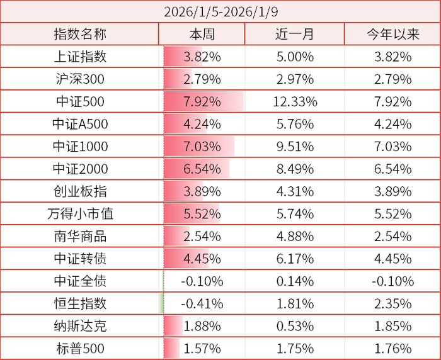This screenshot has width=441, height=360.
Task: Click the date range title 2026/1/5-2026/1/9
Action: click(x=220, y=11)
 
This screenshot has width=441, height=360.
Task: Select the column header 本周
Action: click(x=202, y=35)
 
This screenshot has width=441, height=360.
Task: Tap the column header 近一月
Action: click(x=294, y=35)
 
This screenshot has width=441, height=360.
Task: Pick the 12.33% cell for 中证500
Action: click(x=295, y=102)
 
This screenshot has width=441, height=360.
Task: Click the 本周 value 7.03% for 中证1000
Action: click(x=202, y=147)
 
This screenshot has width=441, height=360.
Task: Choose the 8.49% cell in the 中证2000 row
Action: click(x=294, y=169)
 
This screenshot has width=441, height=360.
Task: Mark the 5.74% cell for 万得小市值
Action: click(x=294, y=214)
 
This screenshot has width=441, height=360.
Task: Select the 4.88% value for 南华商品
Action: click(x=294, y=236)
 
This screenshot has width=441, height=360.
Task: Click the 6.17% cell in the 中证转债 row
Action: click(x=294, y=259)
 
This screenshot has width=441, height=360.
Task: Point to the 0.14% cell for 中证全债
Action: click(x=294, y=281)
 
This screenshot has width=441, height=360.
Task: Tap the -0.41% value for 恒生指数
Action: click(x=202, y=303)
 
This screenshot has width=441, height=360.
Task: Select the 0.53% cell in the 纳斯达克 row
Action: click(x=294, y=326)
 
